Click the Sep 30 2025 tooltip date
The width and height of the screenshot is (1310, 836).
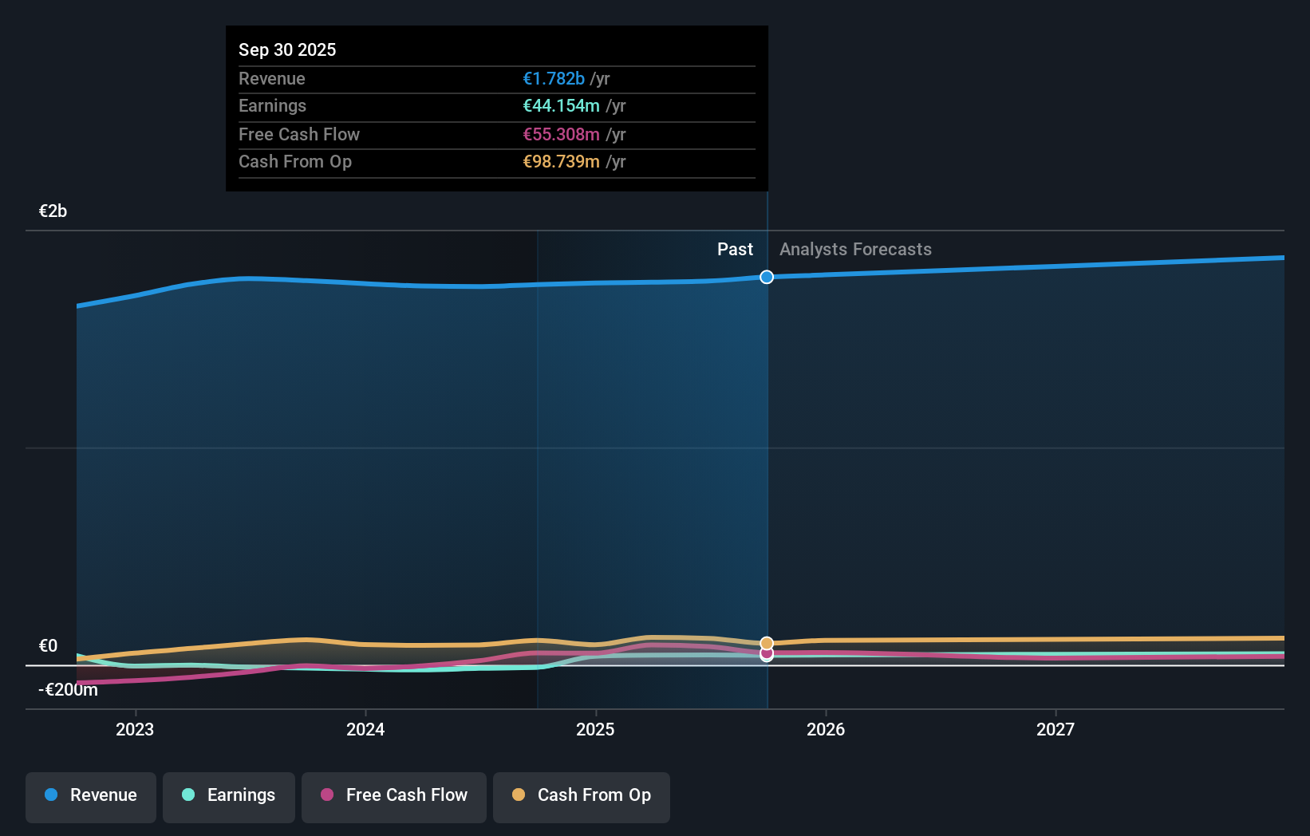tap(287, 50)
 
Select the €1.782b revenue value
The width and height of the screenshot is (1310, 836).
tap(554, 79)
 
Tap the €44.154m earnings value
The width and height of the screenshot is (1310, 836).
tap(561, 106)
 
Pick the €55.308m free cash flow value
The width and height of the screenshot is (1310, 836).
tap(561, 135)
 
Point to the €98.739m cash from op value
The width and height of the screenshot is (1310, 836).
tap(561, 162)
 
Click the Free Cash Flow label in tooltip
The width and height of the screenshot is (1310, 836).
tap(299, 135)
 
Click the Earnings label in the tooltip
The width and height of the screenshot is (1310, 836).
tap(272, 106)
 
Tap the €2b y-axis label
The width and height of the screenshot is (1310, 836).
tap(53, 211)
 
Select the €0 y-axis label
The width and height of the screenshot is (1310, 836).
tap(48, 646)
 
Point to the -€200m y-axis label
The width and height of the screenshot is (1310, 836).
tap(68, 690)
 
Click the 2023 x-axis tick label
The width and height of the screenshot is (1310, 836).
tap(135, 730)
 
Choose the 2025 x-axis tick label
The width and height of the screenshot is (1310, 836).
tap(595, 730)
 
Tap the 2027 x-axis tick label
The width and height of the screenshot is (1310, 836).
tap(1055, 730)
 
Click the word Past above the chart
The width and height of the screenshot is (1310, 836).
tap(735, 250)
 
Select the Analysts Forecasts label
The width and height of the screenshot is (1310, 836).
tap(855, 250)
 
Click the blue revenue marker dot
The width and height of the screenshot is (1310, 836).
tap(767, 277)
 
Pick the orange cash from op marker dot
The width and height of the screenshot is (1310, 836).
tap(767, 643)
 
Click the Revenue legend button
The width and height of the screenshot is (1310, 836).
tap(91, 796)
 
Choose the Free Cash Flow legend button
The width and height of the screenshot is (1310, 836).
tap(394, 796)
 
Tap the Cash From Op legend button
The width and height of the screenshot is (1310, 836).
tap(582, 796)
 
